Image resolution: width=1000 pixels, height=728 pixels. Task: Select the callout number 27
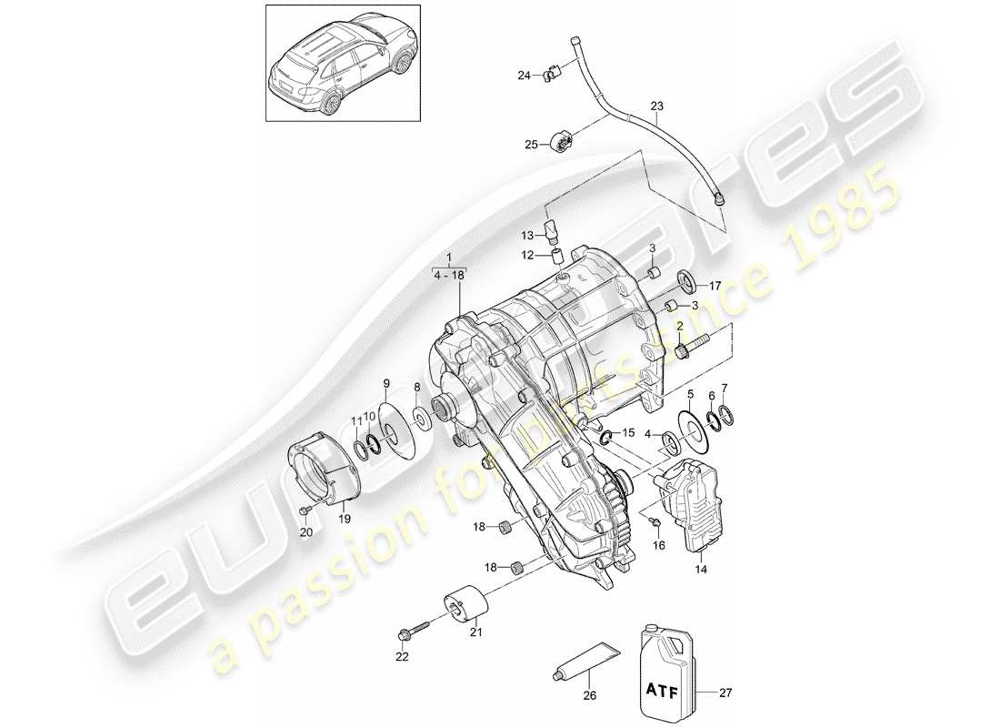point(724,692)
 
